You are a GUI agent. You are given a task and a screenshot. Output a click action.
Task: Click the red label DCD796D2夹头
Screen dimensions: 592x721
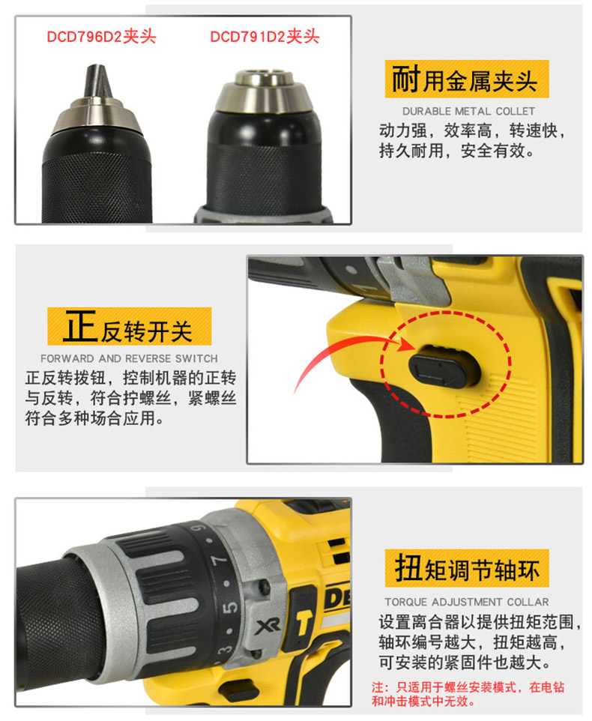102,37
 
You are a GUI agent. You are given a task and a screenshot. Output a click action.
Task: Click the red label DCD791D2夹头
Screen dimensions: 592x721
265,37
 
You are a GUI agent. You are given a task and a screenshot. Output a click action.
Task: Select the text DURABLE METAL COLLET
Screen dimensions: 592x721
469,111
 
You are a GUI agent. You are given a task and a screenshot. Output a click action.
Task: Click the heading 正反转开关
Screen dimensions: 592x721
128,327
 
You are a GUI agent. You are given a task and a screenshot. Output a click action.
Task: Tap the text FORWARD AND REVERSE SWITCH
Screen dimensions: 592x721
129,358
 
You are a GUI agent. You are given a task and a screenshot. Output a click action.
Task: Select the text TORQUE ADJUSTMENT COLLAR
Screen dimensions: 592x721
467,602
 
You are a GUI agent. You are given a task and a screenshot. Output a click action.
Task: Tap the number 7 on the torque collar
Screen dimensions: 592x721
220,561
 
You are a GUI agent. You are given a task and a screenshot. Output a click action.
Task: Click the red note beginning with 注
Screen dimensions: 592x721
468,694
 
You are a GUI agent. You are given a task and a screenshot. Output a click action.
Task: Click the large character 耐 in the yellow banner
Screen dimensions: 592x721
406,79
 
